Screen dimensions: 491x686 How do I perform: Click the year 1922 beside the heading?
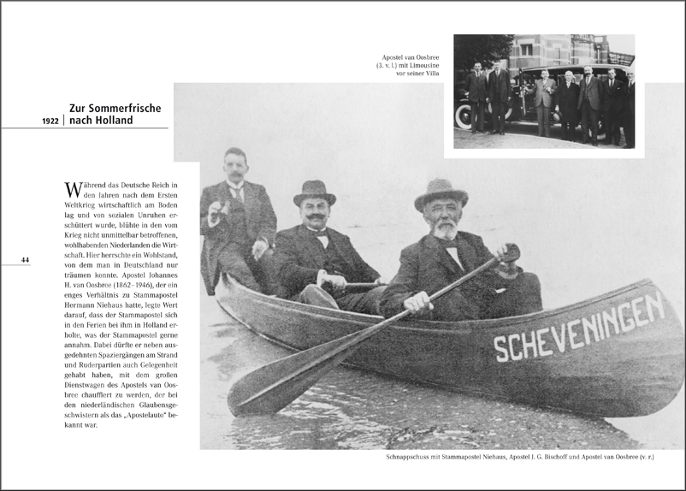[x=50, y=121]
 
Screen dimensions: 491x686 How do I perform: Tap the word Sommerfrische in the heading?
[x=126, y=109]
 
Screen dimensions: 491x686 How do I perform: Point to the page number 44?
[x=25, y=260]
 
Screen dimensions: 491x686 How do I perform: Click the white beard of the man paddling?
[x=444, y=229]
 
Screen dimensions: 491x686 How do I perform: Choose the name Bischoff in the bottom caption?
[x=562, y=458]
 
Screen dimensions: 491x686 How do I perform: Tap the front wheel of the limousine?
[x=464, y=118]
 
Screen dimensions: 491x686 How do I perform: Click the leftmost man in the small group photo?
[x=476, y=95]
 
